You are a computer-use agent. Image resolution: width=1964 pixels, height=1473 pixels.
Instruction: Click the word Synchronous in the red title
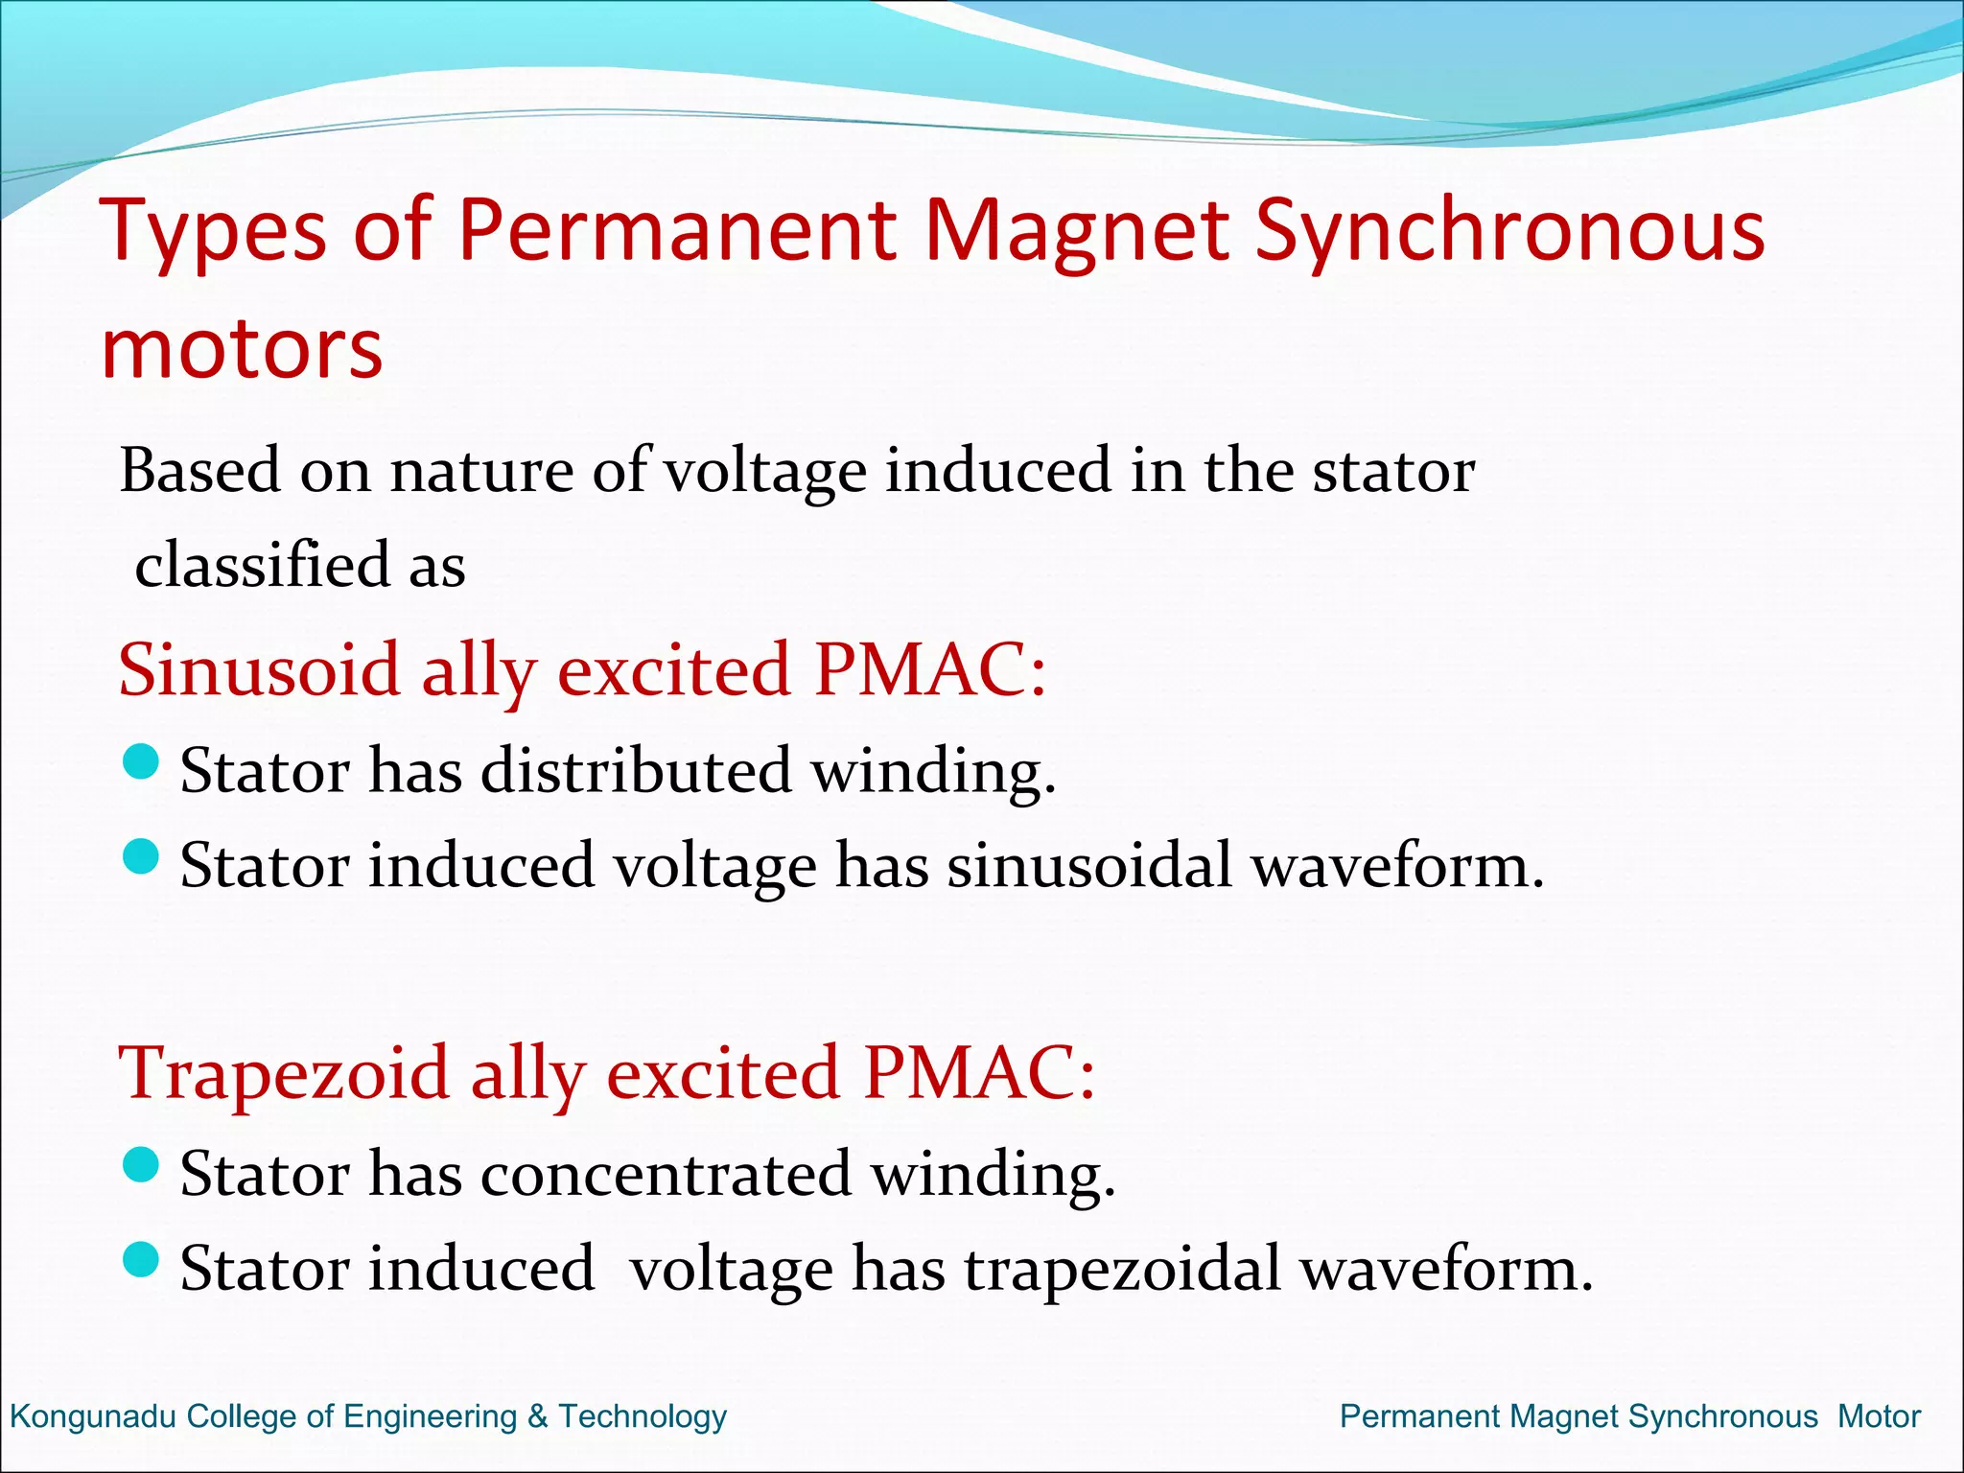(1509, 232)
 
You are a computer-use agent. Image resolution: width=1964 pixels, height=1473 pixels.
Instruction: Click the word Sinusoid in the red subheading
(259, 669)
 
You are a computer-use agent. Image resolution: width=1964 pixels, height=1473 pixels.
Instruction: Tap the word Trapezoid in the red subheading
(283, 1072)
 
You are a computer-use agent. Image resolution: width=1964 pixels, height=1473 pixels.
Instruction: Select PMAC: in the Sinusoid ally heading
(929, 669)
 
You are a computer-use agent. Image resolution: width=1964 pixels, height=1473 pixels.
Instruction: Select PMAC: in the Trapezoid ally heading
(978, 1072)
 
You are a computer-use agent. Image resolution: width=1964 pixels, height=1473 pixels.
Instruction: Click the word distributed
(636, 770)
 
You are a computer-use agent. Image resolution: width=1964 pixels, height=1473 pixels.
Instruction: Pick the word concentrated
(666, 1173)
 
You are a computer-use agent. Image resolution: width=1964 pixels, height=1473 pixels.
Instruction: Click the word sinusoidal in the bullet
(1089, 865)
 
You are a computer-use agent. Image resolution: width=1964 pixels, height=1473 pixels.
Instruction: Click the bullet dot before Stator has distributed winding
(141, 763)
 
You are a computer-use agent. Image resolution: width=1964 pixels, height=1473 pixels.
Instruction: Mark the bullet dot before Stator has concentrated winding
(141, 1166)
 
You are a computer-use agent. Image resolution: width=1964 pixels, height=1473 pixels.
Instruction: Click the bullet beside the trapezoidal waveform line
(141, 1260)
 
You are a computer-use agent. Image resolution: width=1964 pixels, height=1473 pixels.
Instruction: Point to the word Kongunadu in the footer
(93, 1416)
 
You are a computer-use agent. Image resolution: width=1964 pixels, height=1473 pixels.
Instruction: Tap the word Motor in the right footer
(1879, 1416)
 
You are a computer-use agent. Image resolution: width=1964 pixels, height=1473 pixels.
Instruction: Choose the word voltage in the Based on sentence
(764, 472)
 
